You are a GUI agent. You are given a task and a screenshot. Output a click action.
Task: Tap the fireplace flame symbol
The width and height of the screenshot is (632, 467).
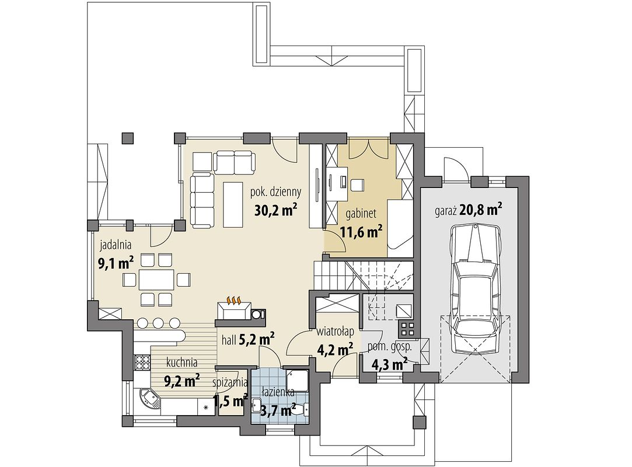[x=234, y=301]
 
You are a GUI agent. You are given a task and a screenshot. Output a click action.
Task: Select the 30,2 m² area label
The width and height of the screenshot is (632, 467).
[x=276, y=210]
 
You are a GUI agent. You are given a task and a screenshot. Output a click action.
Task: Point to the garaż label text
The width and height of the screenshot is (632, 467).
[x=445, y=211]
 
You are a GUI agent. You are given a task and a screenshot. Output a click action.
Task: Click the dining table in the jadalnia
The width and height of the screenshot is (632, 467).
[x=157, y=280]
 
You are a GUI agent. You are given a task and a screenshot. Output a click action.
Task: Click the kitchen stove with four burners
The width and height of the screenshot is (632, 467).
[x=142, y=361]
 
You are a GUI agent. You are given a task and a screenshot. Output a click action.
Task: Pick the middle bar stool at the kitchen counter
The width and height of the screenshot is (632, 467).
[x=158, y=323]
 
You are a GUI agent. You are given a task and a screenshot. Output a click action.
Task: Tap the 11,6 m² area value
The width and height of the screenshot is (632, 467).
[x=361, y=232]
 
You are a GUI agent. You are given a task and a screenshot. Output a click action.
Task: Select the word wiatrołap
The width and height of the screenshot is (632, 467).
[x=336, y=332]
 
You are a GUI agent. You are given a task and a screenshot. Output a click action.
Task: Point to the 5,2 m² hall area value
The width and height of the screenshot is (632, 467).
[x=257, y=340]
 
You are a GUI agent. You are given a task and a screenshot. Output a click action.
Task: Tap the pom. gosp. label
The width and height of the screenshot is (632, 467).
[x=389, y=346]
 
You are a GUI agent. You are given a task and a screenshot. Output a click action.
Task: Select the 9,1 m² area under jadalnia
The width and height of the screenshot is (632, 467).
[x=116, y=263]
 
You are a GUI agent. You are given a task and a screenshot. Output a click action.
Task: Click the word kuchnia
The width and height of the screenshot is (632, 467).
[x=182, y=363]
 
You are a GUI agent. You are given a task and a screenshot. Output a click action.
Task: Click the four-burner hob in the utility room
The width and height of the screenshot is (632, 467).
[x=406, y=328]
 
